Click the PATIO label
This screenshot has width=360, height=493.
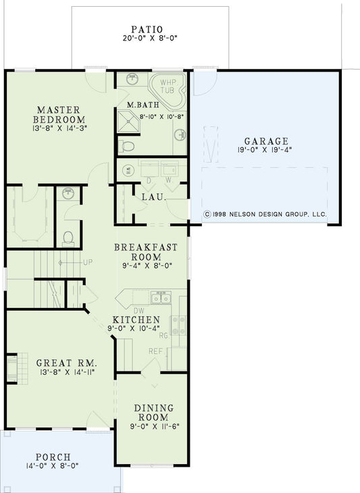[x=148, y=29]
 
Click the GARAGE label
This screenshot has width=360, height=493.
[x=266, y=141]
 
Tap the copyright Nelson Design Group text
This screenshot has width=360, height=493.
[x=265, y=213]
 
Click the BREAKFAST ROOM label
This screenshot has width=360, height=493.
[x=146, y=252]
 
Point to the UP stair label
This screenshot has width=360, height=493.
[x=87, y=261]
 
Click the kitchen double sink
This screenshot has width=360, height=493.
[x=161, y=298]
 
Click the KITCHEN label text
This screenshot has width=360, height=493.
[x=136, y=319]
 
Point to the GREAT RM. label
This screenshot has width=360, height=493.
[x=61, y=362]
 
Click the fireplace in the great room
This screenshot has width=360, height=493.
[x=12, y=369]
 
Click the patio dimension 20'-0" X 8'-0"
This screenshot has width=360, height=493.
[x=148, y=38]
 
